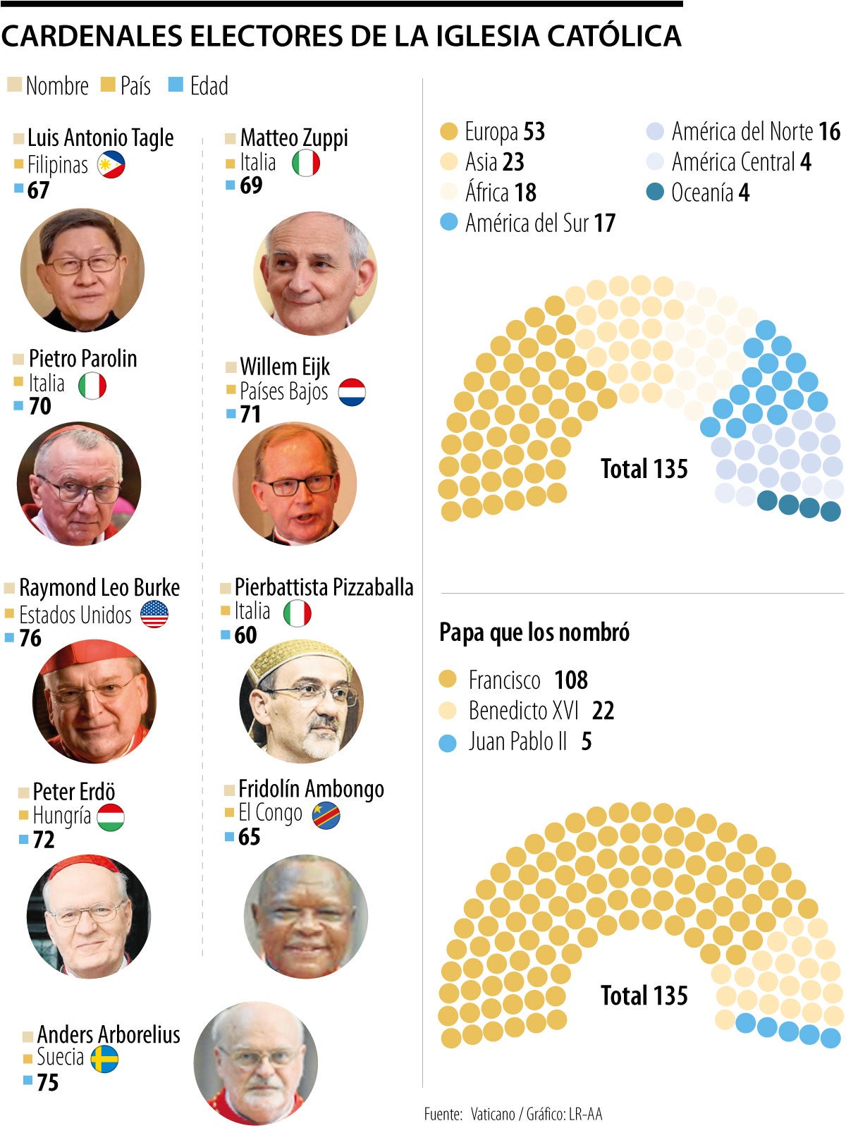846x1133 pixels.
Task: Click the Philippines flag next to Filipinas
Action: click(x=111, y=165)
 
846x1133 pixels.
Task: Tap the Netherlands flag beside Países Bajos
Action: click(x=352, y=392)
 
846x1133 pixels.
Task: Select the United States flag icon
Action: click(x=154, y=614)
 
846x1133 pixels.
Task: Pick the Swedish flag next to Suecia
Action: click(x=104, y=1058)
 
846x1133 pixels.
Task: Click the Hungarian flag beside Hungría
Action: click(x=111, y=817)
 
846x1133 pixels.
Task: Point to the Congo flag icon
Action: click(x=326, y=815)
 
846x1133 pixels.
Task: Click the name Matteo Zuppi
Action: click(x=294, y=137)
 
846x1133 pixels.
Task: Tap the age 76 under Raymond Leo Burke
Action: click(x=30, y=638)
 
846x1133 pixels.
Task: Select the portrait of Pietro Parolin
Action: click(x=79, y=484)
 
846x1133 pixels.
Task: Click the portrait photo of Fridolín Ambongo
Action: click(x=306, y=916)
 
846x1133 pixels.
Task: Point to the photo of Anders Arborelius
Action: click(x=256, y=1063)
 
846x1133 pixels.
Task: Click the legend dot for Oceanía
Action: click(x=655, y=192)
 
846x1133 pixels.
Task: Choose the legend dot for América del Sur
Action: click(x=448, y=223)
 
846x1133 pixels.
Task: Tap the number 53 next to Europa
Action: click(x=534, y=132)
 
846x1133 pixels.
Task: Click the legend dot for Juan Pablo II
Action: click(x=448, y=742)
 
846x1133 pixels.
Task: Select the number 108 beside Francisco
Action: click(x=570, y=680)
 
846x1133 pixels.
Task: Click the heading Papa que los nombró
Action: click(x=534, y=632)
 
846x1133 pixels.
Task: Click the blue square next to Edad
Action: click(x=176, y=85)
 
